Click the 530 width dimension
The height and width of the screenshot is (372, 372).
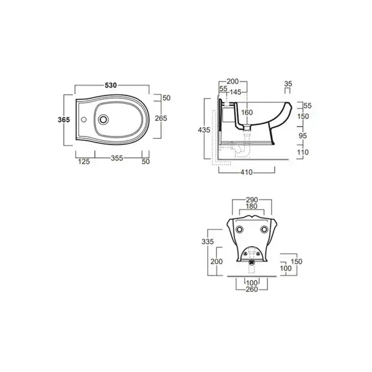tap(111, 85)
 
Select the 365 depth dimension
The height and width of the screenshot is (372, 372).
tap(64, 120)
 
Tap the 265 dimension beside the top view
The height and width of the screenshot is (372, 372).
tap(161, 118)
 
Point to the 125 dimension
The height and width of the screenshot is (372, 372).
tap(84, 162)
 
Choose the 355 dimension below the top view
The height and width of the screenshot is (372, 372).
tap(117, 158)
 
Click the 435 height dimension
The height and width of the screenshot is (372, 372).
tap(204, 130)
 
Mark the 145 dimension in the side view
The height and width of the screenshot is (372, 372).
tap(236, 92)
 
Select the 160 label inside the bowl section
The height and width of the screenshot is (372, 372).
tap(247, 112)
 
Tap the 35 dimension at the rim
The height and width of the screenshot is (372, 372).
tap(288, 84)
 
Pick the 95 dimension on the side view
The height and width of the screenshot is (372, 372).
tap(303, 136)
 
